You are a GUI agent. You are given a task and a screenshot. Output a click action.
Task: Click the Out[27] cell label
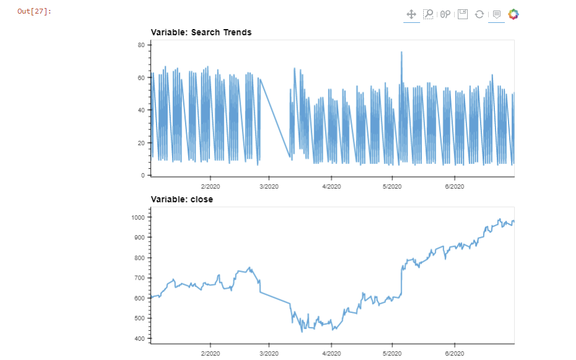[34, 12]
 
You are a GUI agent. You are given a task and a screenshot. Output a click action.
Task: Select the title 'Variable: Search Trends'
[201, 32]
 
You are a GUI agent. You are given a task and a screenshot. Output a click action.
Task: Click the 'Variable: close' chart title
[182, 199]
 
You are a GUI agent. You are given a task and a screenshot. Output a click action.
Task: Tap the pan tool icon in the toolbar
[411, 14]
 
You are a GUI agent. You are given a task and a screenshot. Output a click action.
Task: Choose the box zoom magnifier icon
[428, 14]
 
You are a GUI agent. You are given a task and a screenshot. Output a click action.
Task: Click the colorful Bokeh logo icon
[514, 14]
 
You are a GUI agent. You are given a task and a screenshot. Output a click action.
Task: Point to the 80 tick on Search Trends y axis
[141, 45]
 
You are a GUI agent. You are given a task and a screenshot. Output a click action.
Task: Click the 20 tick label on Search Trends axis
[141, 143]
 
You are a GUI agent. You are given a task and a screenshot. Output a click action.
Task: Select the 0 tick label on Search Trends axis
[143, 176]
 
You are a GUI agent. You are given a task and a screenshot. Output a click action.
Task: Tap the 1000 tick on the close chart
[137, 218]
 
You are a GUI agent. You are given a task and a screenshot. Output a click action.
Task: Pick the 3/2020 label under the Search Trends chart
[269, 186]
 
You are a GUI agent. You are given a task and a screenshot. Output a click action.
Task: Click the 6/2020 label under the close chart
[455, 353]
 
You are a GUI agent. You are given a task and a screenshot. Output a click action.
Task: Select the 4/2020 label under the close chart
[331, 353]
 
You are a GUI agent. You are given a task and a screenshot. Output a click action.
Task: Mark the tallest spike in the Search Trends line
[402, 53]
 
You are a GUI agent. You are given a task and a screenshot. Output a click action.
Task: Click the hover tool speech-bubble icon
[496, 14]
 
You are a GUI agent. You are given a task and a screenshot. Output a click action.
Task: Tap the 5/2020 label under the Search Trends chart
[392, 186]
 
